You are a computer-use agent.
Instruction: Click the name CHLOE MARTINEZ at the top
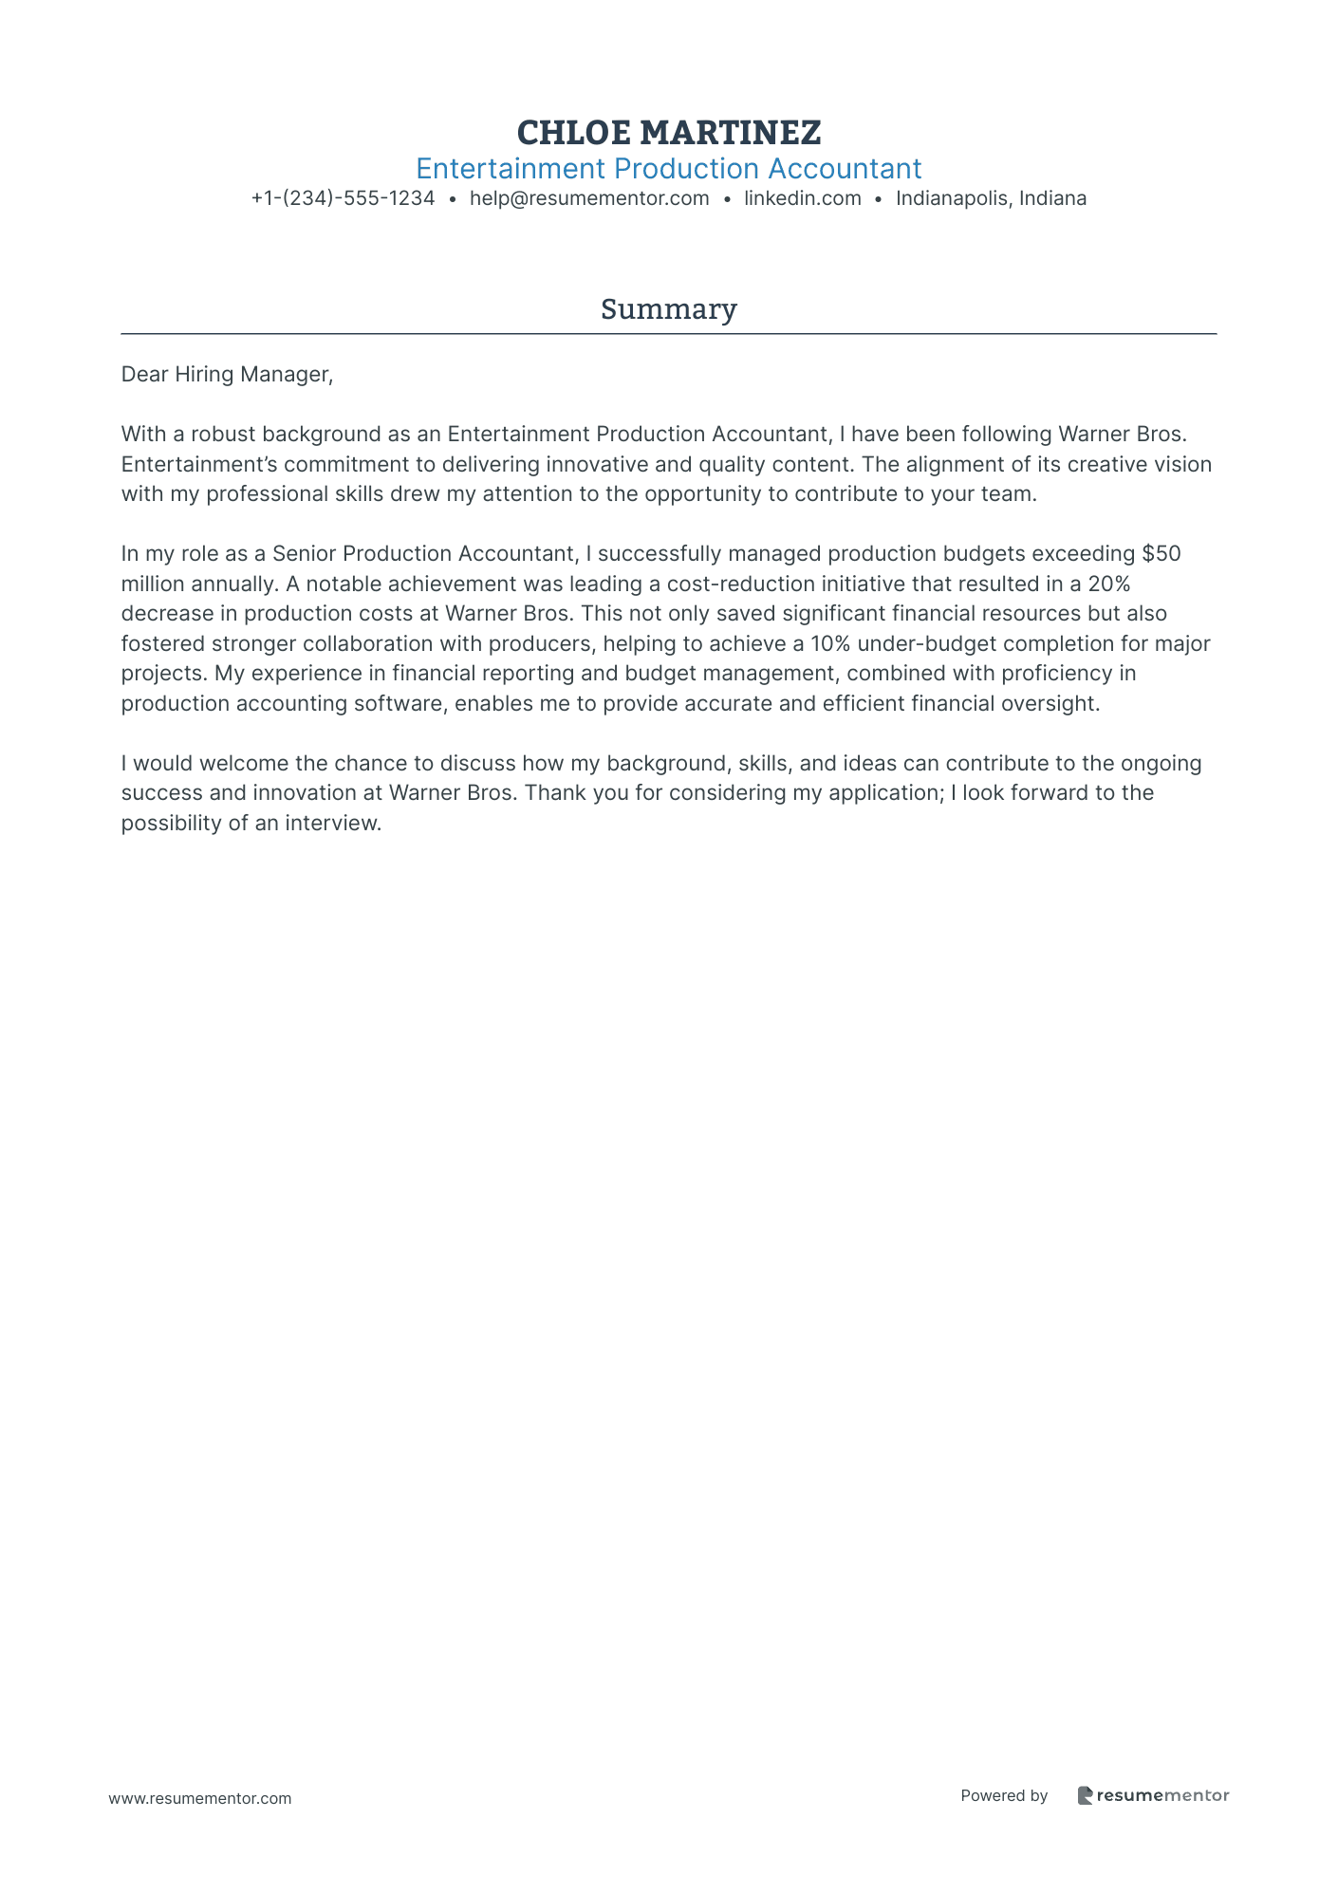pos(669,132)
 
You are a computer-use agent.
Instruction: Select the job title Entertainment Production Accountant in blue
pos(669,169)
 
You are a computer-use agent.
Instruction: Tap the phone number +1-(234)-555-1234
pos(343,198)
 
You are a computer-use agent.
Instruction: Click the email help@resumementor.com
pos(589,198)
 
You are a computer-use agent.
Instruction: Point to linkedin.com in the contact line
pos(803,198)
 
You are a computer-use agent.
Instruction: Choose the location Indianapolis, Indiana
pos(991,198)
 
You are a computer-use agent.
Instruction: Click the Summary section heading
pos(669,309)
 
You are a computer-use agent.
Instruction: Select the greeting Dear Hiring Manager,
pos(228,375)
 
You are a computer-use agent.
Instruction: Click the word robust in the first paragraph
pos(223,435)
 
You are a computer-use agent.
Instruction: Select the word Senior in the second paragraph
pos(304,554)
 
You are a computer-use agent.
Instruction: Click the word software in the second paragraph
pos(392,703)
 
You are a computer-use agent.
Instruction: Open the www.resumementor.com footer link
pos(200,1798)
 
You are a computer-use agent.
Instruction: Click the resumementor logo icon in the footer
pos(1086,1795)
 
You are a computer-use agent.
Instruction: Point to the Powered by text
pos(1004,1795)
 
